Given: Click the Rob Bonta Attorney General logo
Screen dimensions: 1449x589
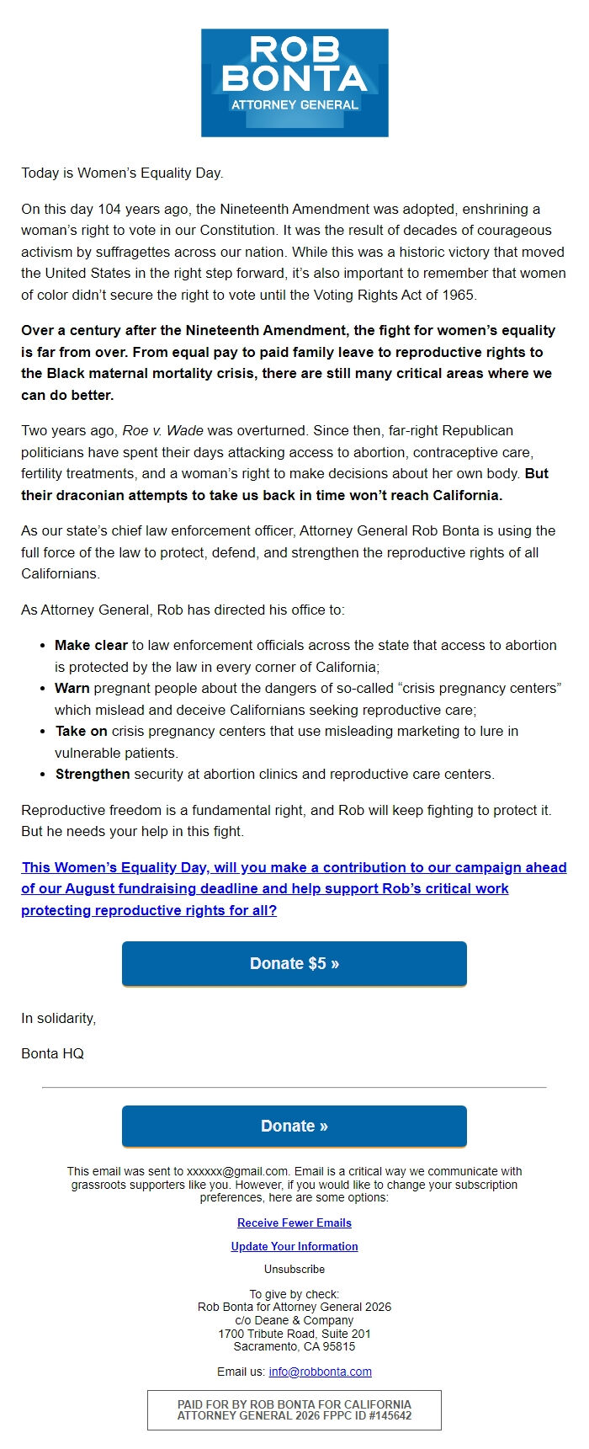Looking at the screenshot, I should point(294,83).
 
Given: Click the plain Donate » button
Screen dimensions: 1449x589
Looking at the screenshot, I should point(294,1126).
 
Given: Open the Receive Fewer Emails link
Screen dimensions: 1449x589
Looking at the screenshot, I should point(294,1223).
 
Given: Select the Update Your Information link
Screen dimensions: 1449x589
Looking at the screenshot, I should point(294,1246).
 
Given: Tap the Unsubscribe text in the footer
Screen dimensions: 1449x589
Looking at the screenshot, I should point(294,1269).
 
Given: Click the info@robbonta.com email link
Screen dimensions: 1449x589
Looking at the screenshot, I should point(320,1372).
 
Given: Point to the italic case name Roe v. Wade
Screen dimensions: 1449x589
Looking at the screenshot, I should point(163,430).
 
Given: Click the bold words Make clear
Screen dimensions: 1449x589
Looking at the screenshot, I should point(91,645).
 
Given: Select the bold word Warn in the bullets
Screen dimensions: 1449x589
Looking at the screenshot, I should point(72,688).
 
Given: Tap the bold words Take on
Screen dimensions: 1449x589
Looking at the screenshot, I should point(82,731).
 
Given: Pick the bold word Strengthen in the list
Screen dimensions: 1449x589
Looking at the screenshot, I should point(93,774).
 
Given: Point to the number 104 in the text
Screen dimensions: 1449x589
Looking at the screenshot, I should point(109,209).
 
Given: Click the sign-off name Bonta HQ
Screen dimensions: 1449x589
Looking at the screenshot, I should point(52,1053).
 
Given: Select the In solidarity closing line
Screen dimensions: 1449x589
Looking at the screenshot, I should point(58,1018).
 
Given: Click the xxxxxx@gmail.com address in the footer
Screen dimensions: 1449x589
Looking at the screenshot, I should point(237,1171).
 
